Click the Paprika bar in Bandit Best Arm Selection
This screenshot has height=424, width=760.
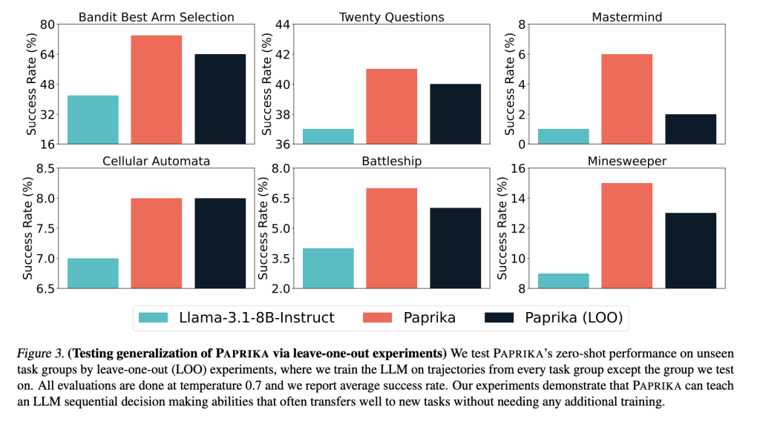click(157, 89)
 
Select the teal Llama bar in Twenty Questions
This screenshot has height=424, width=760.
click(328, 136)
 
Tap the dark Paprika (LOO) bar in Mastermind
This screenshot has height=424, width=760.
click(690, 129)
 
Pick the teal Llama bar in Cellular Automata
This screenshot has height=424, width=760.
click(93, 273)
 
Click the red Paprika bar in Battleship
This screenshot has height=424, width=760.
click(391, 238)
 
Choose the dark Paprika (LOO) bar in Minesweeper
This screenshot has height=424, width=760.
click(690, 251)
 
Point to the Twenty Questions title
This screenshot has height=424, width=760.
click(391, 16)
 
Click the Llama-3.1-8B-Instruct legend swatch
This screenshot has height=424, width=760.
click(154, 318)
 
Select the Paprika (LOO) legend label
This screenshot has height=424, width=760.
click(573, 318)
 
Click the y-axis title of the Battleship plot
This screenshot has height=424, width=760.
click(264, 228)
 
